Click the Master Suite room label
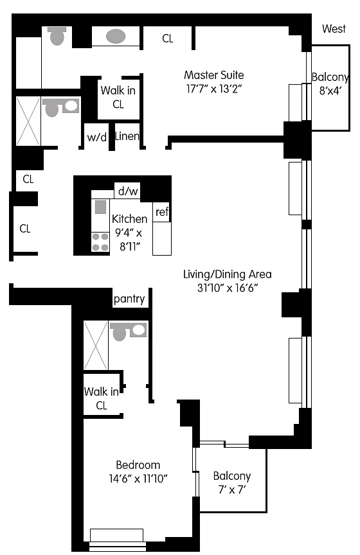click(214, 75)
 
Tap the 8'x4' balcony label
click(330, 84)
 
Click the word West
click(334, 29)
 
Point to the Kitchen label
click(129, 219)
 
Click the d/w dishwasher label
click(128, 191)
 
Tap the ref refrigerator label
click(162, 212)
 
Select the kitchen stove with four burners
click(100, 242)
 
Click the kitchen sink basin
click(101, 207)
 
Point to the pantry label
click(129, 299)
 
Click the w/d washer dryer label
click(96, 137)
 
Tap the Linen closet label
click(127, 136)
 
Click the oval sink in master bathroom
click(116, 36)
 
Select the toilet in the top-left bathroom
click(57, 36)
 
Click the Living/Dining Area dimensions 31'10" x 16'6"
click(227, 288)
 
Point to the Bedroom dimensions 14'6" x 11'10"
click(138, 479)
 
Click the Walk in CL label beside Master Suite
click(118, 97)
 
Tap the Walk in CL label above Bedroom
click(102, 398)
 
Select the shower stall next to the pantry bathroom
click(96, 346)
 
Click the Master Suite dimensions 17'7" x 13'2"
click(214, 89)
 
